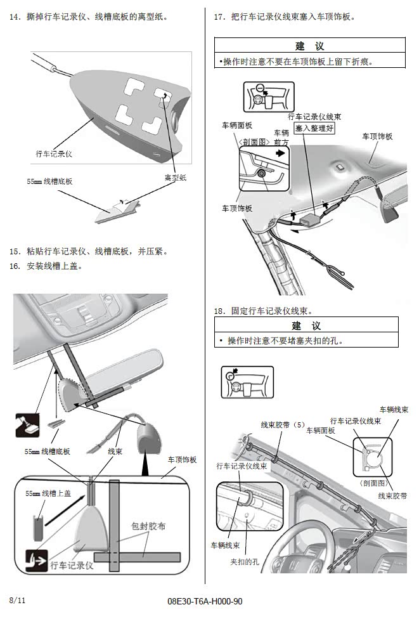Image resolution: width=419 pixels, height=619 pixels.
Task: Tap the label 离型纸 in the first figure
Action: tap(175, 178)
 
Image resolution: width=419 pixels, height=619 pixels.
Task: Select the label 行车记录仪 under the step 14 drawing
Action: tap(55, 153)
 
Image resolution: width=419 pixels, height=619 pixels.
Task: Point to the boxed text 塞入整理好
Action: tap(314, 128)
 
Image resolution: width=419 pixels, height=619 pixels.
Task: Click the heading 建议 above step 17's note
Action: tap(309, 46)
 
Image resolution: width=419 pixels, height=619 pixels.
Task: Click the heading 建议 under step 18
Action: tap(306, 325)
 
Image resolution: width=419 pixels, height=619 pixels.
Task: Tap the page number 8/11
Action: tap(18, 599)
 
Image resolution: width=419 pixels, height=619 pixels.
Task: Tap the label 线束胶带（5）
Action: tap(283, 424)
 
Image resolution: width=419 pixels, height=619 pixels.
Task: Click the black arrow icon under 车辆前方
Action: tap(281, 153)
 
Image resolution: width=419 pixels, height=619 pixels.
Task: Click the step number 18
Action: tap(220, 311)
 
